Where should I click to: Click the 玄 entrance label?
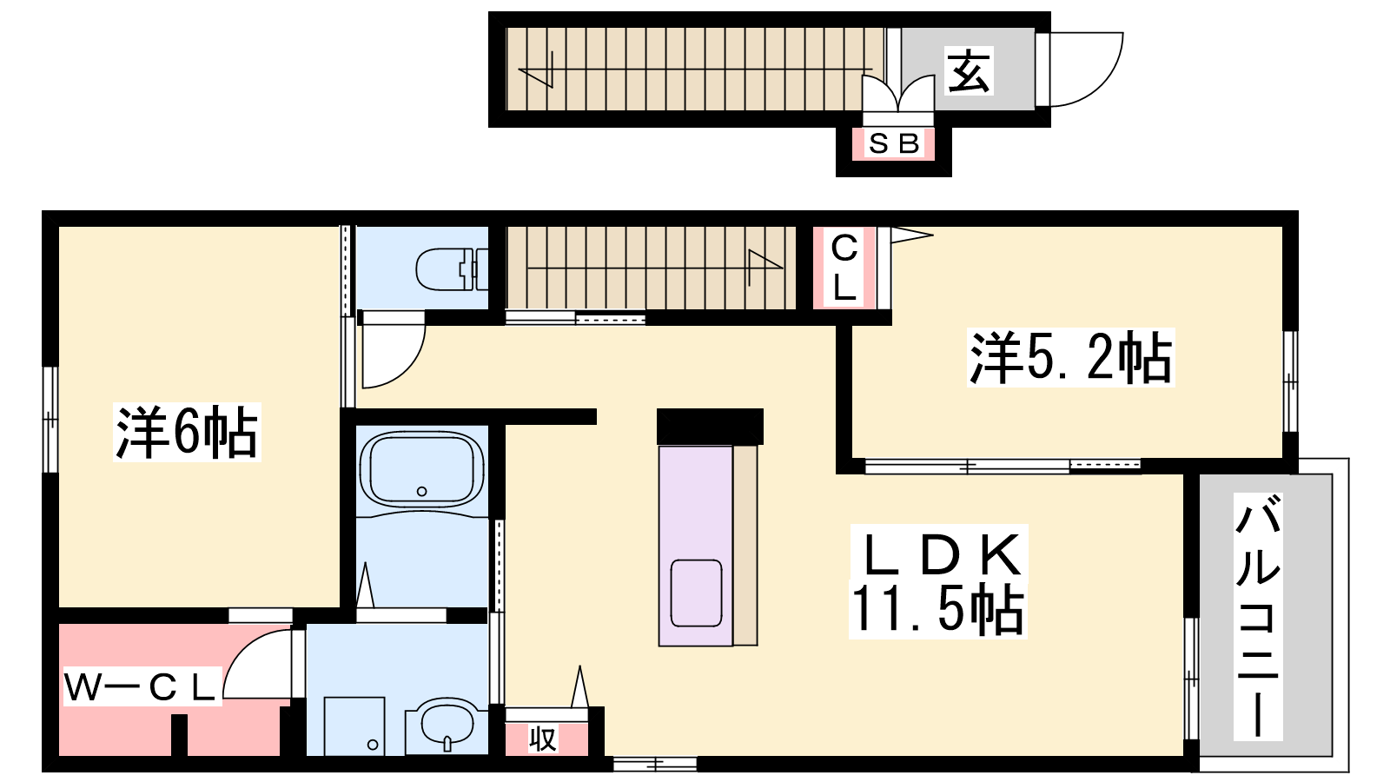(x=969, y=70)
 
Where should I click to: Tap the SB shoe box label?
(x=893, y=144)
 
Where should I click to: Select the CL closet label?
(x=844, y=267)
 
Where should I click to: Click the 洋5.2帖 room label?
(x=1070, y=357)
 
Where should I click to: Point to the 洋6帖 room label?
(x=186, y=432)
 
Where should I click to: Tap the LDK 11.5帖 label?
(x=938, y=581)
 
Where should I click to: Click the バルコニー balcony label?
(x=1258, y=616)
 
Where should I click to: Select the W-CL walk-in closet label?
(x=142, y=686)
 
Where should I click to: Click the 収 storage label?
(x=542, y=739)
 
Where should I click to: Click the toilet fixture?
(x=452, y=269)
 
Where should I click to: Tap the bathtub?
(x=422, y=468)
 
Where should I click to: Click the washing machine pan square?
(x=354, y=726)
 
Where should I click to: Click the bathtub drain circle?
(x=422, y=492)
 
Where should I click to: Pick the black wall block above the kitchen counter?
(x=710, y=427)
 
